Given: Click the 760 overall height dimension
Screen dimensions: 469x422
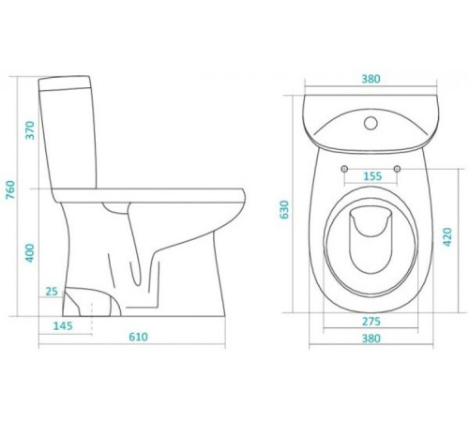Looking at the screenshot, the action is point(10,190).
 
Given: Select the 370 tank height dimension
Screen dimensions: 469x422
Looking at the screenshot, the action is point(30,130).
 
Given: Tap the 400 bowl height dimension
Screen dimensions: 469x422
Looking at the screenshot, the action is point(29,253).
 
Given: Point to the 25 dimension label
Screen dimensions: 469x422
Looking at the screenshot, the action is point(52,292).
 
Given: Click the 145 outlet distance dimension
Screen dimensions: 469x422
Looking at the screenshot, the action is point(63,325).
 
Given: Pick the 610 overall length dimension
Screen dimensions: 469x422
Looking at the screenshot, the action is point(138,337).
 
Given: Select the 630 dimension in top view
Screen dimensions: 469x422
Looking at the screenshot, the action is point(284,209).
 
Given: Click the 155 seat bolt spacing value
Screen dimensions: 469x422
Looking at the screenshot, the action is point(372,176).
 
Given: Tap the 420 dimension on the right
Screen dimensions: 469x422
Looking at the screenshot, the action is point(447,236).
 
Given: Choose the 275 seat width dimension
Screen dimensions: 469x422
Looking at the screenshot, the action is point(371,321).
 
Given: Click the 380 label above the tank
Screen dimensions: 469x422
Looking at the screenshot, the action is point(371,79).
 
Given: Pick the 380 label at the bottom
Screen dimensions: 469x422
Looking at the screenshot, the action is point(371,339).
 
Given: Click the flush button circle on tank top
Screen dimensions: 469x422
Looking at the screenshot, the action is point(371,123).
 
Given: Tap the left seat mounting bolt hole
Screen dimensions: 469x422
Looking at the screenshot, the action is point(344,169).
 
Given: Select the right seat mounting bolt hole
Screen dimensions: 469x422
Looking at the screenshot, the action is point(397,169).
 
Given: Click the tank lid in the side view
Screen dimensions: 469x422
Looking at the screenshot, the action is point(65,83).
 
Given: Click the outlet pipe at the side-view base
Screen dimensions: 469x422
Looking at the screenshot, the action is point(91,302).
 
